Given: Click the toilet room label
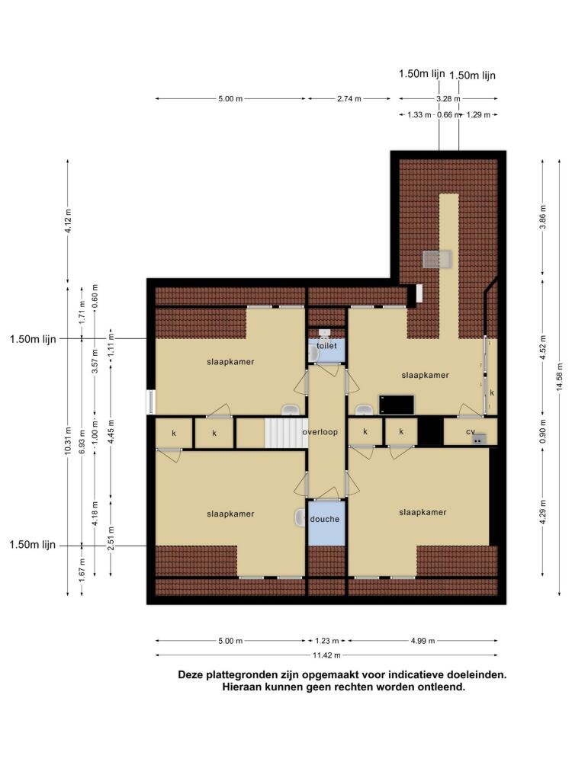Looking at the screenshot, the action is [x=326, y=346].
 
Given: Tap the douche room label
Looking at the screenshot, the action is [x=324, y=519].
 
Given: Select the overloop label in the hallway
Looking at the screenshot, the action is [x=320, y=432].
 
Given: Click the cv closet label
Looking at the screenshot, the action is [x=470, y=431].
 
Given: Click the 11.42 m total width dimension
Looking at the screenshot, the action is [x=326, y=655].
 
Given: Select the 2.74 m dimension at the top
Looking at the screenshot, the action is [x=349, y=98].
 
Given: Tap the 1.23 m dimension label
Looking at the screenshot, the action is [x=327, y=641].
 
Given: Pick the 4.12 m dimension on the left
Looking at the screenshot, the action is [x=68, y=221].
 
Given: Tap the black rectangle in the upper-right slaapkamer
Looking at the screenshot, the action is [x=397, y=405].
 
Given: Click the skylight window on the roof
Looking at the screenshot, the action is [x=437, y=259].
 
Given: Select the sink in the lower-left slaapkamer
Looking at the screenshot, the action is [x=300, y=517].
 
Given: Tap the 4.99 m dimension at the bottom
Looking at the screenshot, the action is [x=423, y=641].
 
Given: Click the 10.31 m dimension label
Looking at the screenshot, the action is [x=68, y=441].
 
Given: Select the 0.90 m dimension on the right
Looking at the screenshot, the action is [x=543, y=430].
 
